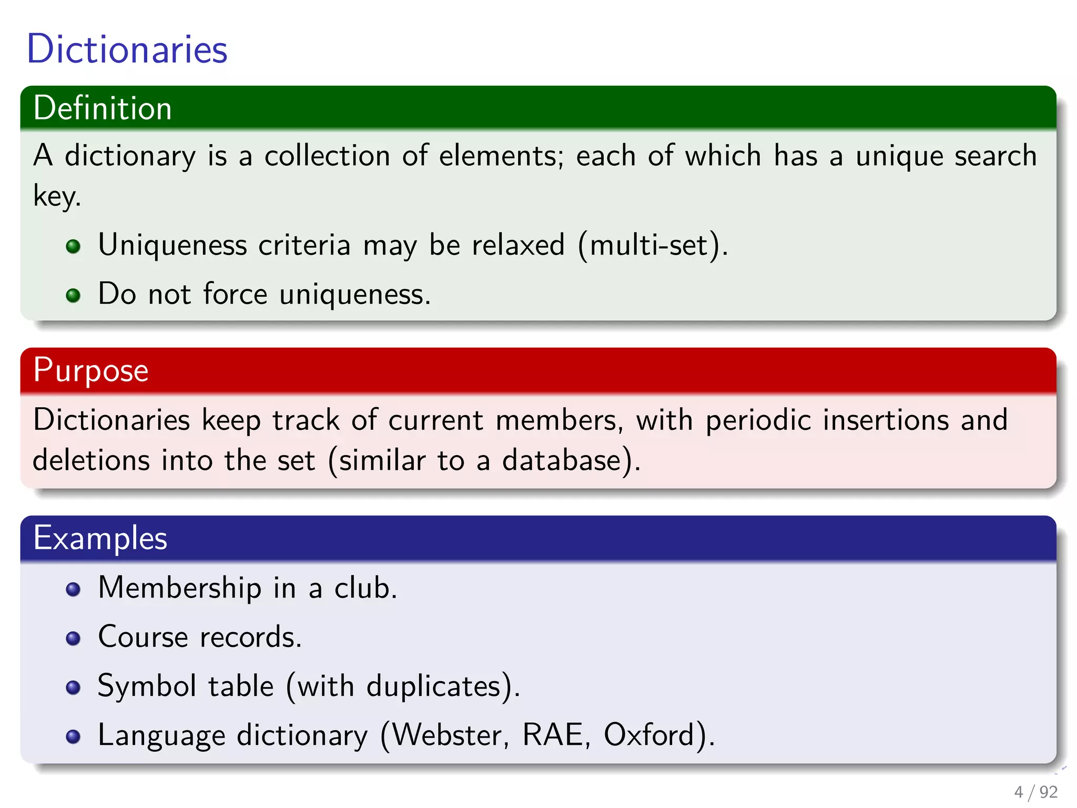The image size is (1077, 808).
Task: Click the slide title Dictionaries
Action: (x=127, y=49)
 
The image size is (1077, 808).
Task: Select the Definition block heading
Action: (x=103, y=108)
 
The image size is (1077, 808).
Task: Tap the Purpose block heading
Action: (x=90, y=370)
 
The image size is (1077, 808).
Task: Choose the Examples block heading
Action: (x=100, y=538)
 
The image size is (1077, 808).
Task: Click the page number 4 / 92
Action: (x=1035, y=792)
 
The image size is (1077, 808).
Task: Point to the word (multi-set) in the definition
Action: (x=653, y=245)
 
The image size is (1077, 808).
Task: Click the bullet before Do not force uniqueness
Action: (x=74, y=295)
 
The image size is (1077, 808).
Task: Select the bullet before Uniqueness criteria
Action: (x=74, y=246)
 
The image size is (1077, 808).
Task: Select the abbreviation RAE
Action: (x=555, y=735)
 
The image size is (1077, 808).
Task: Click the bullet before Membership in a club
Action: (x=74, y=589)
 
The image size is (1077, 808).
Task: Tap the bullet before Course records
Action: (x=74, y=639)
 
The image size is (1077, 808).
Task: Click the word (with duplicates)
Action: (x=403, y=686)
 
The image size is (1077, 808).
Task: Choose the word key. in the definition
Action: (x=57, y=197)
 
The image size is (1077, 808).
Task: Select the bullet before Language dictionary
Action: (x=74, y=736)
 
